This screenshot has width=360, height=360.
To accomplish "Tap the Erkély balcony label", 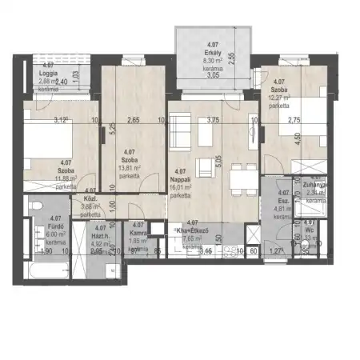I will click(x=212, y=51).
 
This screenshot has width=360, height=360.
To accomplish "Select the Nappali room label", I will click(x=180, y=180).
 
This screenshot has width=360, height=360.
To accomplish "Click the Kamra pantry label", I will click(x=138, y=233).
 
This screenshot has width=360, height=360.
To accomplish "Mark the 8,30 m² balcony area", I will click(x=212, y=61).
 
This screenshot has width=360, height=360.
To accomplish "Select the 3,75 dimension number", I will click(x=213, y=121).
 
